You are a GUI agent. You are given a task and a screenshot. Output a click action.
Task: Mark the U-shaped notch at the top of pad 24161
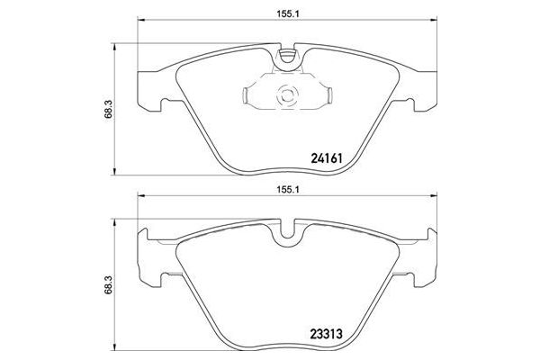(x=289, y=59)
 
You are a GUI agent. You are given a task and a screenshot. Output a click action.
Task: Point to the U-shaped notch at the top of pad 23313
(x=289, y=237)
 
